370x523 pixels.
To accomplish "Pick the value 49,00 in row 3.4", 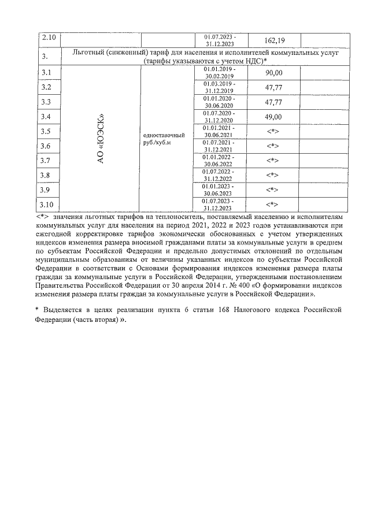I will tap(273, 117).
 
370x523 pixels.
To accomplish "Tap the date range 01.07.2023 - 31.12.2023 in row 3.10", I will tap(219, 205).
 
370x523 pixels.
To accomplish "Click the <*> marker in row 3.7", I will tap(273, 161).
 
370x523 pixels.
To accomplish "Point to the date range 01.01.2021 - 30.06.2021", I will tap(219, 131).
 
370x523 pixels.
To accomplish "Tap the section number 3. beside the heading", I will tap(46, 56).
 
